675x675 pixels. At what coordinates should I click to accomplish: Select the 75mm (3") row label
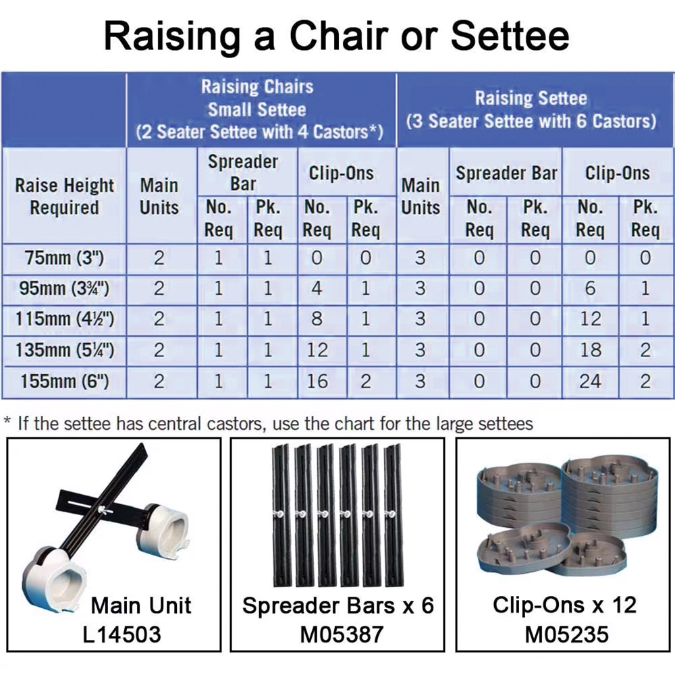pyautogui.click(x=65, y=259)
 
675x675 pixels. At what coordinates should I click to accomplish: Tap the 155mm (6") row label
pyautogui.click(x=65, y=381)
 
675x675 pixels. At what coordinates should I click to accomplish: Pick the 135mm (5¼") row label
pyautogui.click(x=65, y=350)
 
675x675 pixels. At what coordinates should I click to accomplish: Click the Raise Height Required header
pyautogui.click(x=65, y=196)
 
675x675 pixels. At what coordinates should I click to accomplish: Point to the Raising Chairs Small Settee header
pyautogui.click(x=259, y=109)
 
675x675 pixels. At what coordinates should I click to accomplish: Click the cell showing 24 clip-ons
pyautogui.click(x=590, y=381)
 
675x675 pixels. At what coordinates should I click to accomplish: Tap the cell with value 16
pyautogui.click(x=317, y=381)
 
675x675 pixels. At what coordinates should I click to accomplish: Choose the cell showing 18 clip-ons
pyautogui.click(x=590, y=350)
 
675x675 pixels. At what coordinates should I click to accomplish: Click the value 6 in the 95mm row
pyautogui.click(x=590, y=288)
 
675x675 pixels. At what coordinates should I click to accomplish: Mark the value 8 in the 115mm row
pyautogui.click(x=317, y=319)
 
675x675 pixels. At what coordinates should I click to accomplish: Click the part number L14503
pyautogui.click(x=122, y=634)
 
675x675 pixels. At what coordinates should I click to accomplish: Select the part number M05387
pyautogui.click(x=342, y=634)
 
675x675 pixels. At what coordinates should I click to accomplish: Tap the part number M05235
pyautogui.click(x=566, y=634)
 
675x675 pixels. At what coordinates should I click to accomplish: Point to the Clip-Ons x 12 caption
pyautogui.click(x=564, y=605)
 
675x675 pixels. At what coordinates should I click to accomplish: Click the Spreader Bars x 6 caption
pyautogui.click(x=338, y=605)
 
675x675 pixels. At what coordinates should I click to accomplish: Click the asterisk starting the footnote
pyautogui.click(x=7, y=420)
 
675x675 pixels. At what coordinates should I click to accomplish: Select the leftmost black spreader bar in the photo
pyautogui.click(x=281, y=516)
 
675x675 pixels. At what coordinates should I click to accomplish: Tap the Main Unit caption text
pyautogui.click(x=141, y=605)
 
